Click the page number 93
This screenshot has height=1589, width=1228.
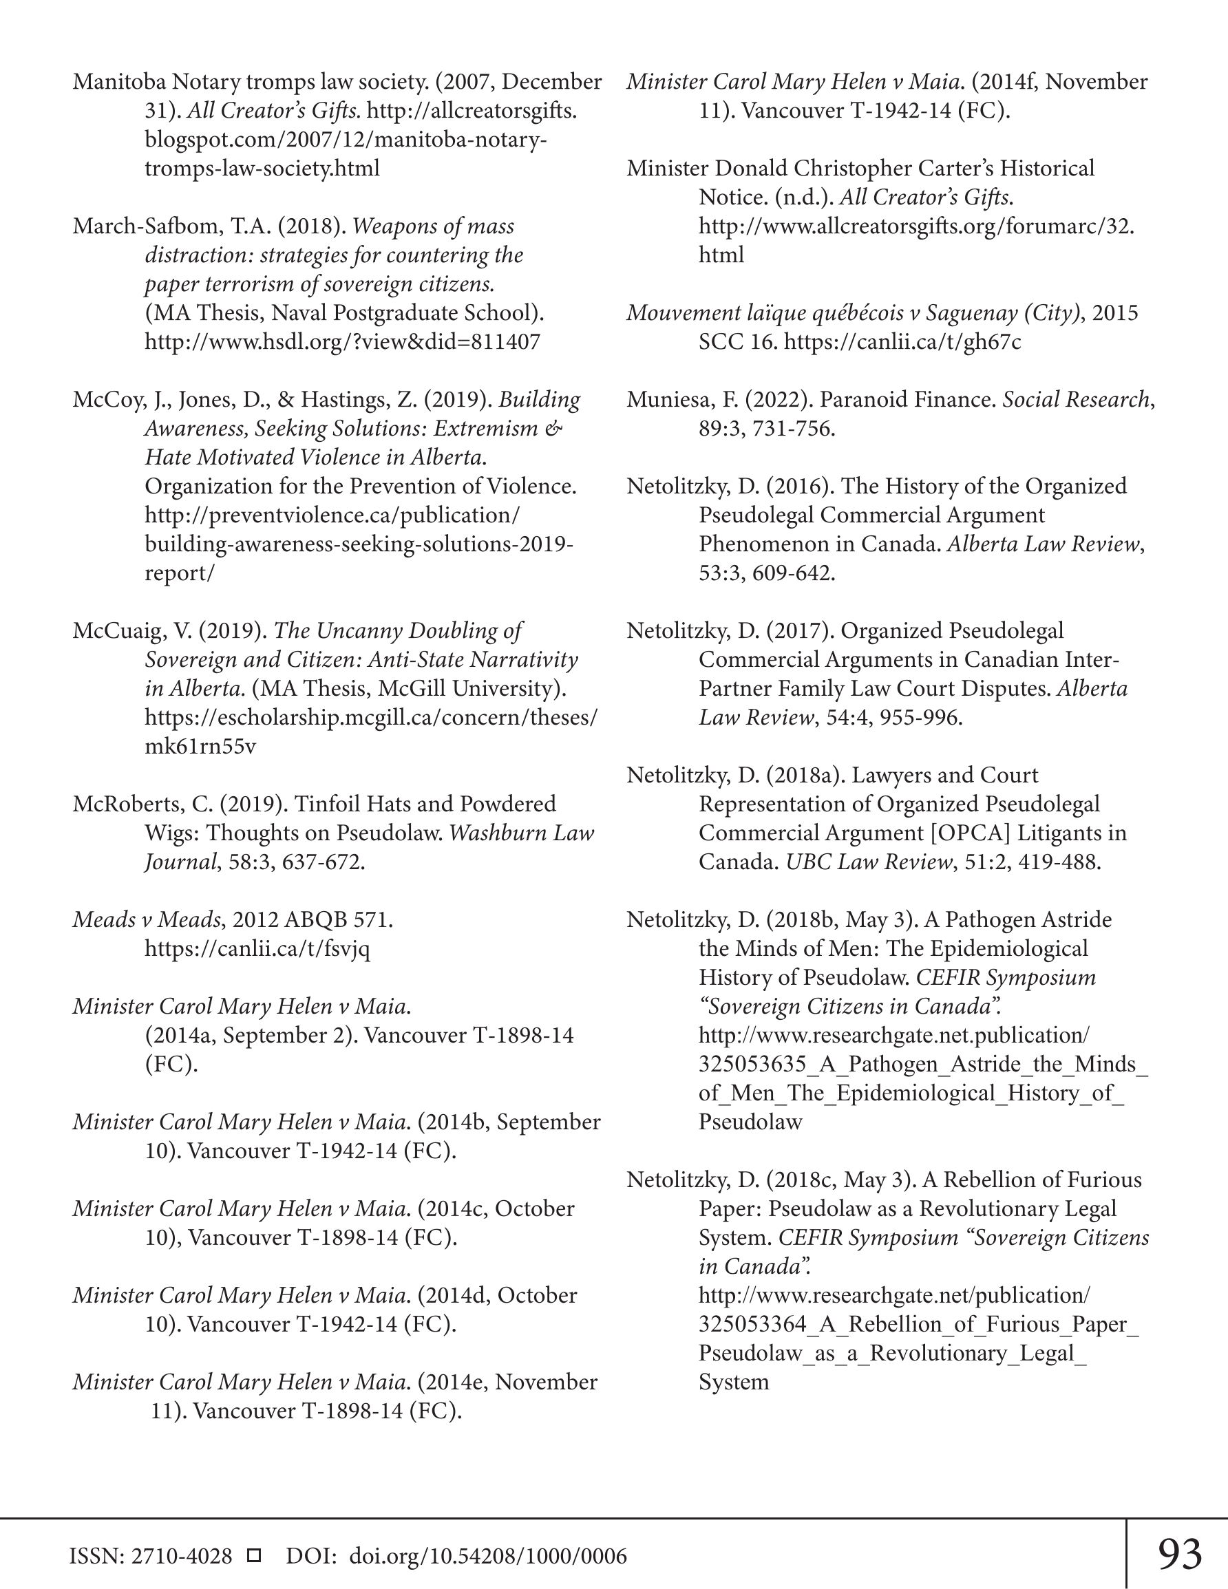point(1179,1555)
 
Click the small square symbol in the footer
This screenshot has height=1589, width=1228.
point(254,1555)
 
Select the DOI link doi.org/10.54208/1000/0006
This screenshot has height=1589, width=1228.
point(488,1556)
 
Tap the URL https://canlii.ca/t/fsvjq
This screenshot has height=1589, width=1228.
point(257,949)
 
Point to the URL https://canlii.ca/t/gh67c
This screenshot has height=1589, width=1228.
point(902,342)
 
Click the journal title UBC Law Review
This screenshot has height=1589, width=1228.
point(869,862)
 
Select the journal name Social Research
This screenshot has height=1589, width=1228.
point(1075,399)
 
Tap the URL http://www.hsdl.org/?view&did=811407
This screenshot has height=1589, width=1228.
point(342,342)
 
